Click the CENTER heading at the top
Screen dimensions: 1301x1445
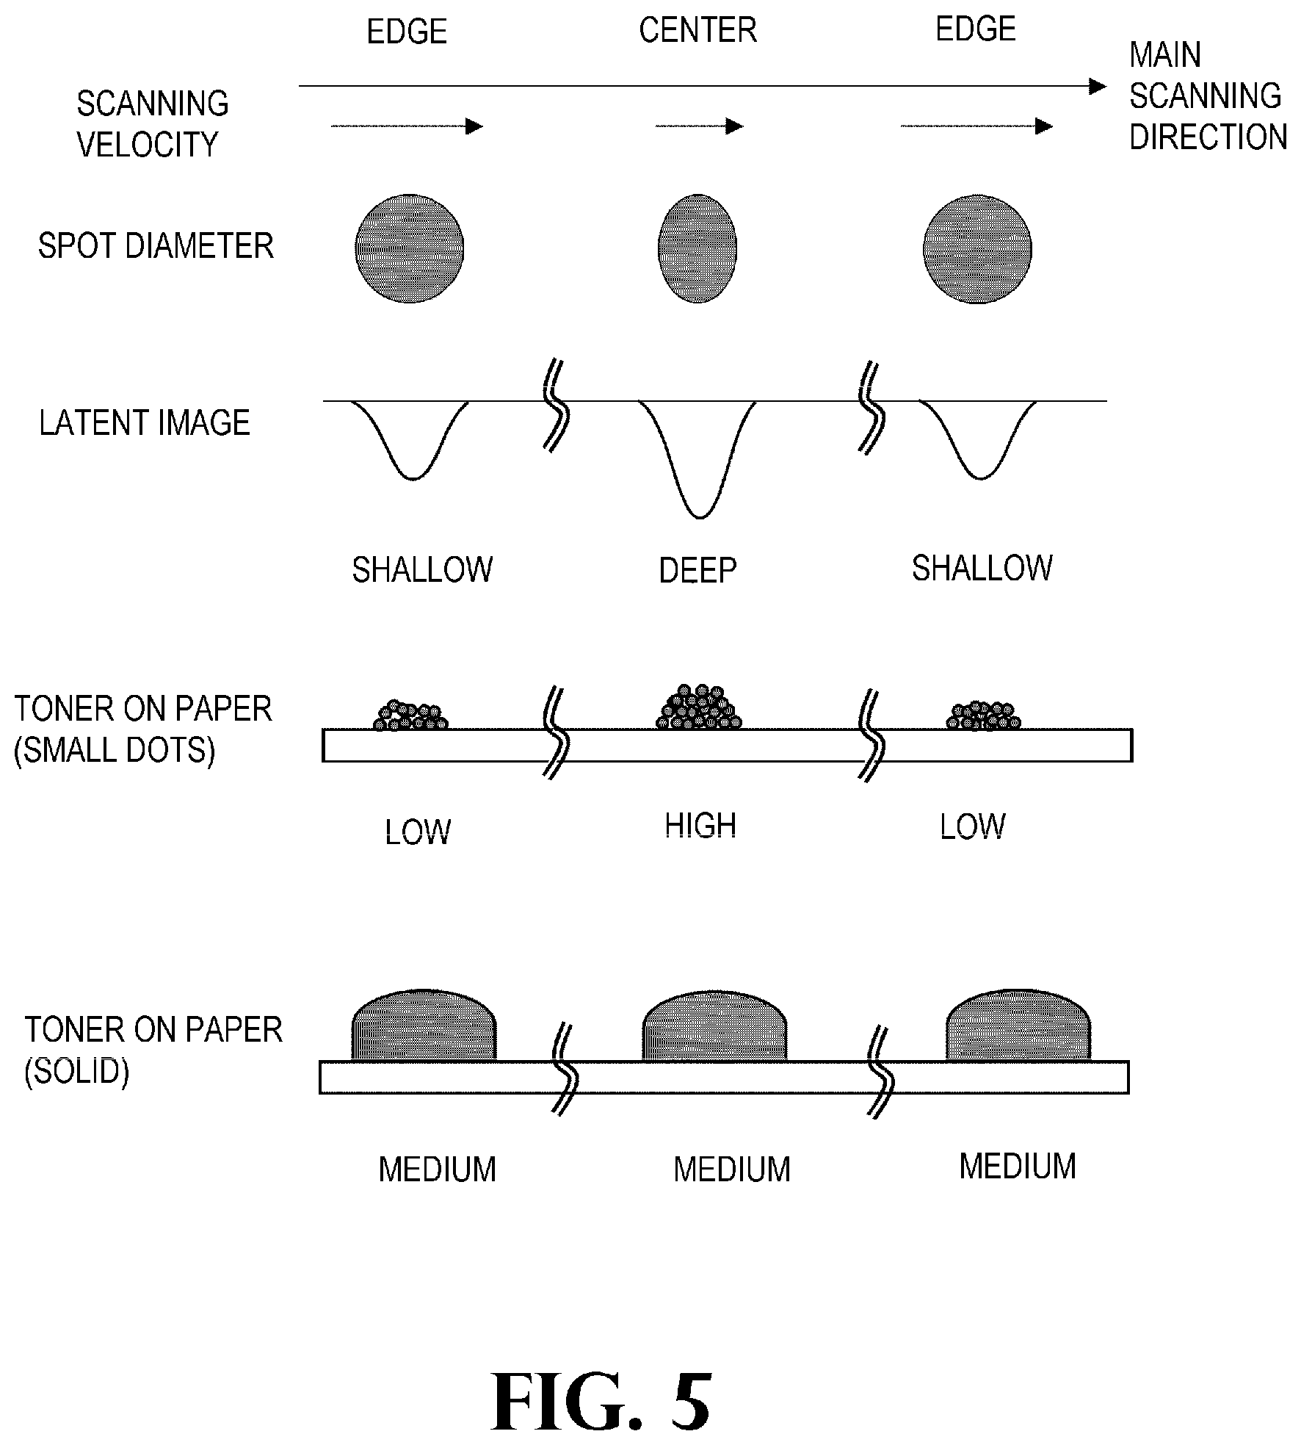[x=697, y=31]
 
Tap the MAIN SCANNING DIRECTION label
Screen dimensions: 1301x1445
[x=1208, y=96]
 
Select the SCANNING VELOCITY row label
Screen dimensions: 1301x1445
[x=153, y=124]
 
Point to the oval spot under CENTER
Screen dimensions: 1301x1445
[x=697, y=248]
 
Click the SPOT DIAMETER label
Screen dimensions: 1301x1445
[x=156, y=245]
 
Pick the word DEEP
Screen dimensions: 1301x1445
[x=697, y=571]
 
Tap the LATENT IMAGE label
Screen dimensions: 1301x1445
[x=145, y=423]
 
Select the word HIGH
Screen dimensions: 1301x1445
[x=700, y=826]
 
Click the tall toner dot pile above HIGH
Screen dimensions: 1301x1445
[x=699, y=707]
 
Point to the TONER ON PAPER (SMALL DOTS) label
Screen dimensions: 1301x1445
[x=143, y=729]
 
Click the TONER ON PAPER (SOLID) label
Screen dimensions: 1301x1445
[x=153, y=1051]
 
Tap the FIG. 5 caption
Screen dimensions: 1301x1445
[x=601, y=1402]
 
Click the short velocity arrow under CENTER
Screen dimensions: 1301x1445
[x=699, y=126]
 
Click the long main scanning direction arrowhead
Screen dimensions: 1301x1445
[x=1098, y=87]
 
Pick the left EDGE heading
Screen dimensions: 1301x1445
[x=407, y=32]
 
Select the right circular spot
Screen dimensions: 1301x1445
[x=977, y=249]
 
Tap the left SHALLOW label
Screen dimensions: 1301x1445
[x=422, y=570]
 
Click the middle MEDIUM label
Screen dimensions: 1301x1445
[x=732, y=1170]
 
